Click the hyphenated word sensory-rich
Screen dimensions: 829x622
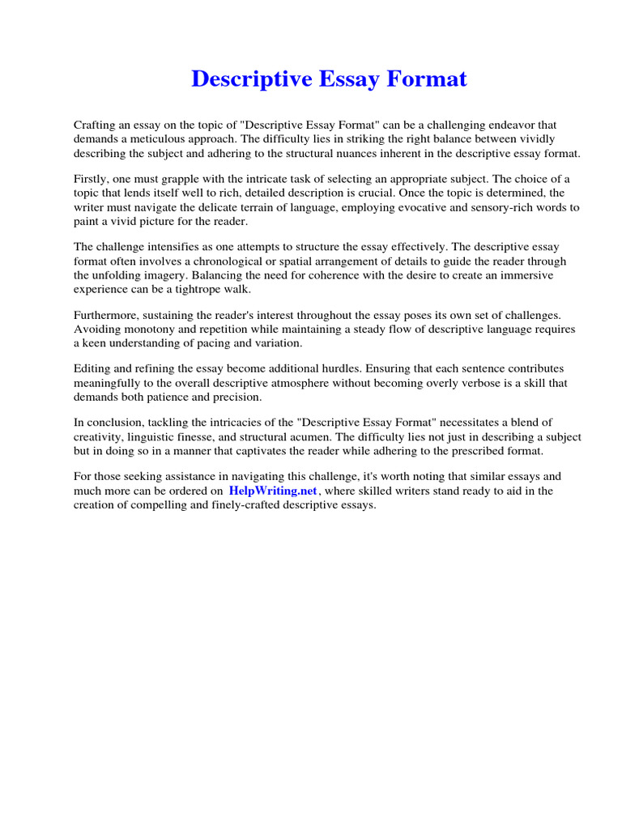pos(495,207)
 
